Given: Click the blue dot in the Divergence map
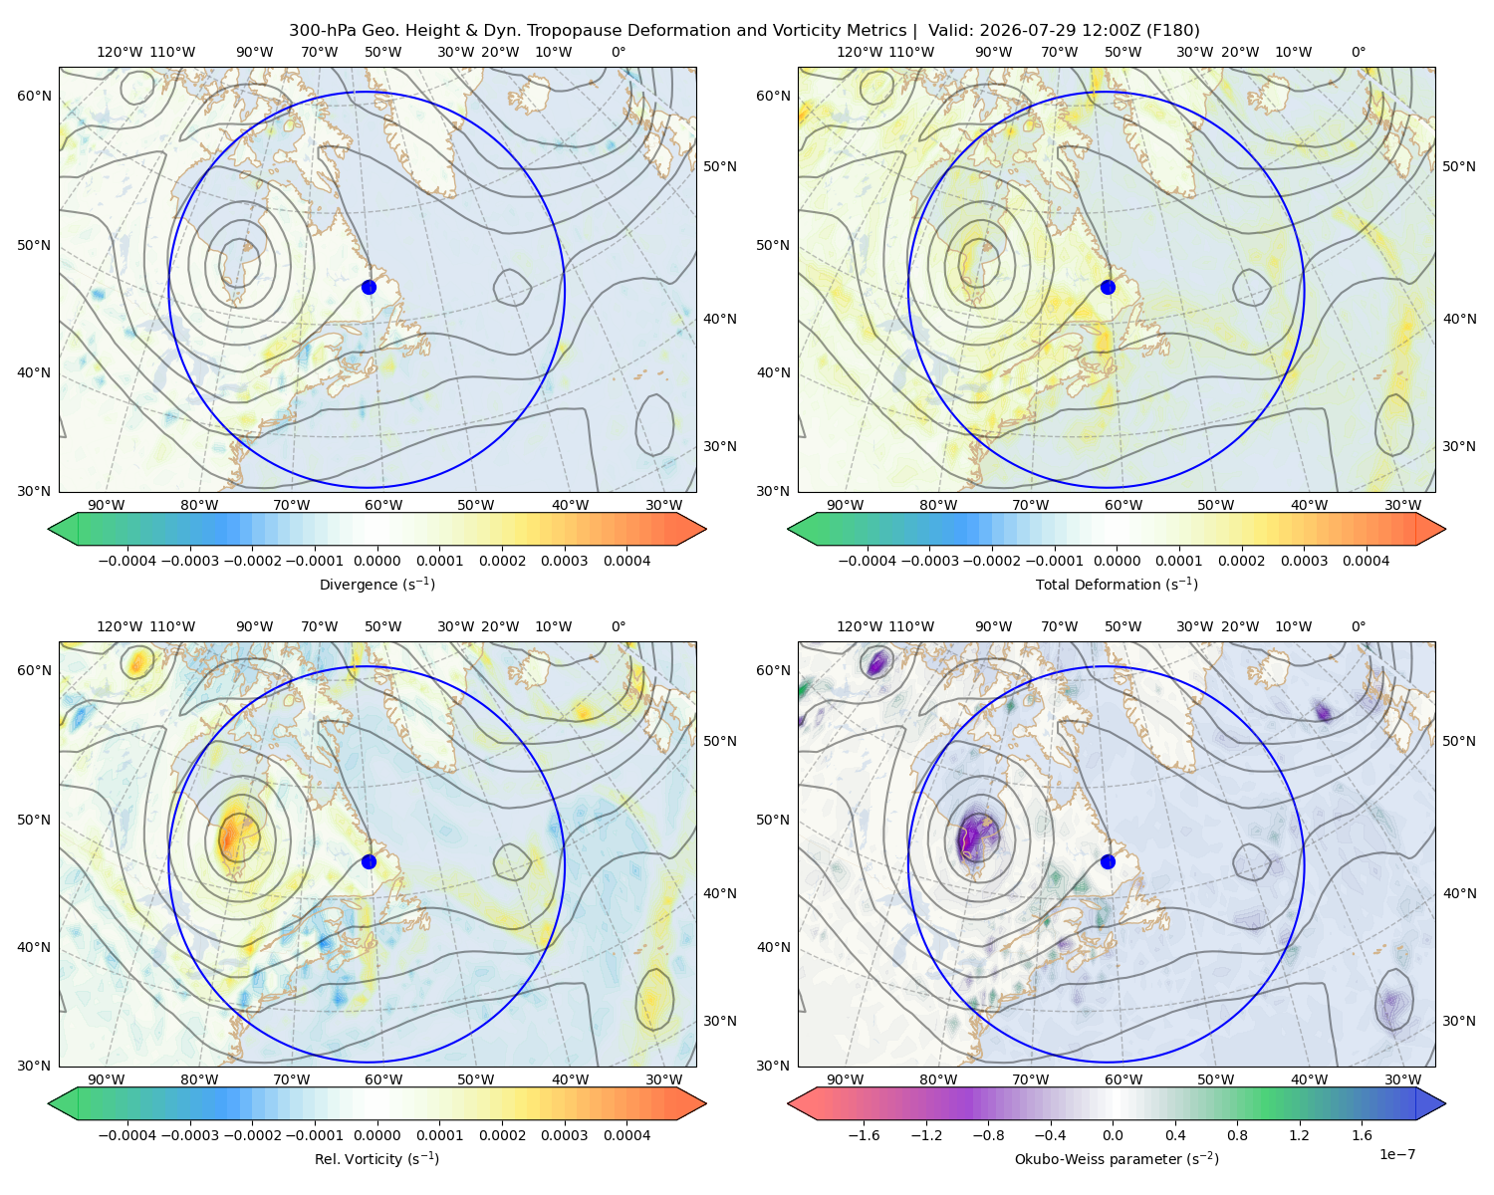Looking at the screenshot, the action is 369,288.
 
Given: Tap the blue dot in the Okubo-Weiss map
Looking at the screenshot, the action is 1108,861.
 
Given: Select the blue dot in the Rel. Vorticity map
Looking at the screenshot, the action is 369,861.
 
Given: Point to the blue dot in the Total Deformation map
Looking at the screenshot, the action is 1108,288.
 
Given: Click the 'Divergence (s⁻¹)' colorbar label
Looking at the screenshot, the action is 376,585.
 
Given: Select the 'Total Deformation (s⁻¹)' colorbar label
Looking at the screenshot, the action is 1117,585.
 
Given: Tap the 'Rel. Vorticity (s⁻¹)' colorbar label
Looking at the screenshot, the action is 376,1159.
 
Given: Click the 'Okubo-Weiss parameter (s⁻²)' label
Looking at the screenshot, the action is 1117,1159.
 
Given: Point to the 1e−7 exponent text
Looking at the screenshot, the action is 1396,1154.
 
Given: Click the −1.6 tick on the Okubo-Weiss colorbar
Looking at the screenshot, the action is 864,1135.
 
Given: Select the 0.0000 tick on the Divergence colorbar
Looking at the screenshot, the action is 376,561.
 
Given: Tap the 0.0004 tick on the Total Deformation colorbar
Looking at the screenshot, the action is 1367,561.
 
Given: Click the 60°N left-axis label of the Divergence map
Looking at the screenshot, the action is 34,96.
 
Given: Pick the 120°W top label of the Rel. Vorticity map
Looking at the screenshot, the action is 120,626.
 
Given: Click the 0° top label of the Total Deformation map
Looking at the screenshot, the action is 1359,52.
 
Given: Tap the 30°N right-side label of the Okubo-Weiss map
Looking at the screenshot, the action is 1459,1021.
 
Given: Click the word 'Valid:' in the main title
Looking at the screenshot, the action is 951,31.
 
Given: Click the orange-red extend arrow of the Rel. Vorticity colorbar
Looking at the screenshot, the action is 691,1103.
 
